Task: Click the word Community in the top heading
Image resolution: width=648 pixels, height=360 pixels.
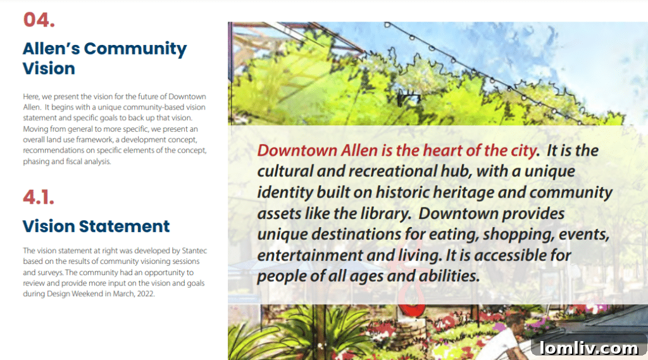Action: pos(135,49)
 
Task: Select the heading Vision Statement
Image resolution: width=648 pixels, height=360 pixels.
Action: pos(96,226)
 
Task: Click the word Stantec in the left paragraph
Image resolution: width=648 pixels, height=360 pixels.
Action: pos(194,251)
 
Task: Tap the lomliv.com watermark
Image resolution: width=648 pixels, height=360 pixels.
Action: pos(589,347)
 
